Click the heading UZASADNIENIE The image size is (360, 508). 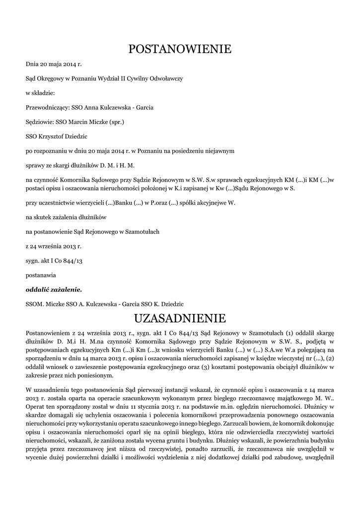(x=180, y=317)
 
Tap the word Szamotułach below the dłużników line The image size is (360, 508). (x=143, y=232)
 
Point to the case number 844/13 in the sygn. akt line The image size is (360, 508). (x=72, y=260)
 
